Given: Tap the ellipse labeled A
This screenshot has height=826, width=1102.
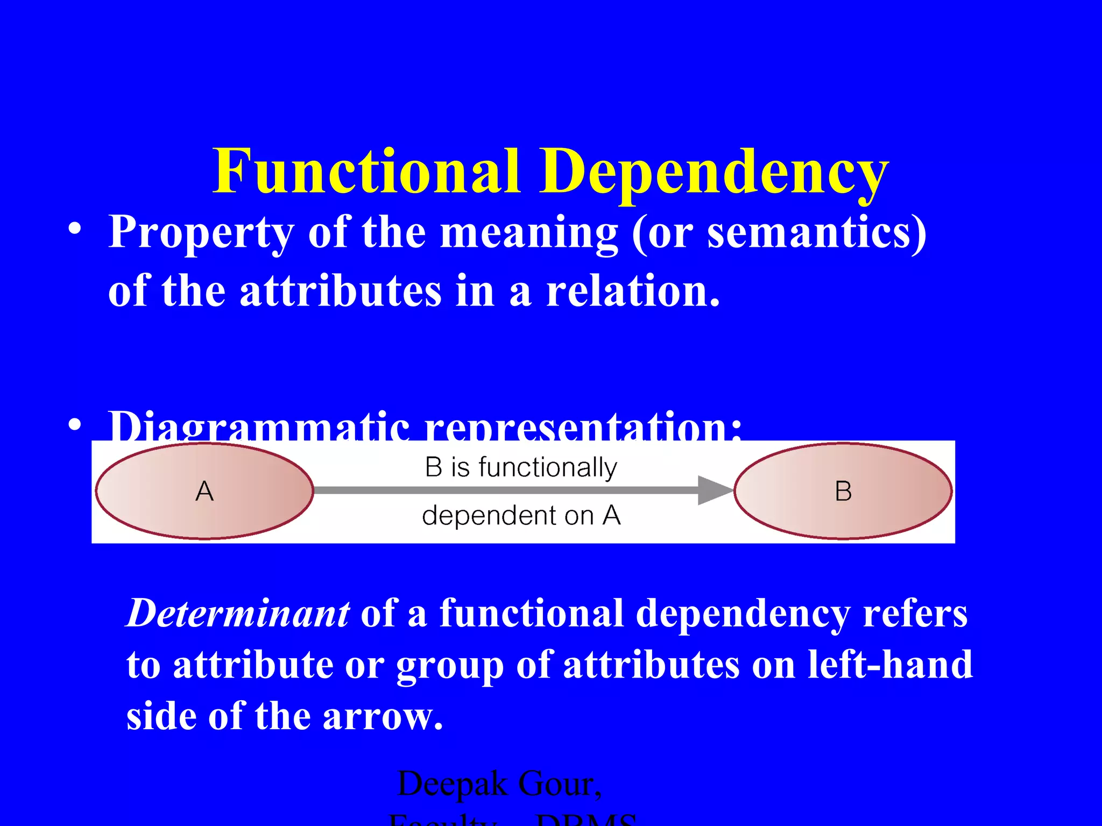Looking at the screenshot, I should (204, 491).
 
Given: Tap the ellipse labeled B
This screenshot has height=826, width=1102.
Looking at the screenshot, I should (843, 491).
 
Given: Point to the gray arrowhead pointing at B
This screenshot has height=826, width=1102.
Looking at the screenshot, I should (715, 490).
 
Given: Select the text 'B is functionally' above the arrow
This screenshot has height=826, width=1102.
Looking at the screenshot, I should (521, 467).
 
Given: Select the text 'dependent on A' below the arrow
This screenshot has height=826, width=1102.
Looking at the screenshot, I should (521, 515).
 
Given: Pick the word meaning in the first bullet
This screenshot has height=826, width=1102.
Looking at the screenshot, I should (529, 233).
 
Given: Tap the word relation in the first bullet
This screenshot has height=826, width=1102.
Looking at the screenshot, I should (632, 291).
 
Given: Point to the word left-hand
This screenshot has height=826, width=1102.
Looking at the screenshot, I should (890, 665).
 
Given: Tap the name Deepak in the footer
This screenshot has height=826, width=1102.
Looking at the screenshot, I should (452, 784).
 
